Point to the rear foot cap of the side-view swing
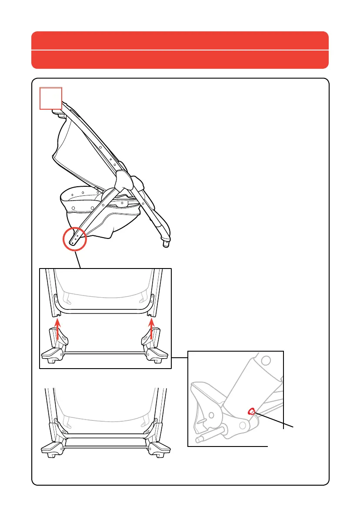tap(165, 244)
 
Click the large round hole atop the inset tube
tap(267, 361)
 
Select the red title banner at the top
tap(180, 50)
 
